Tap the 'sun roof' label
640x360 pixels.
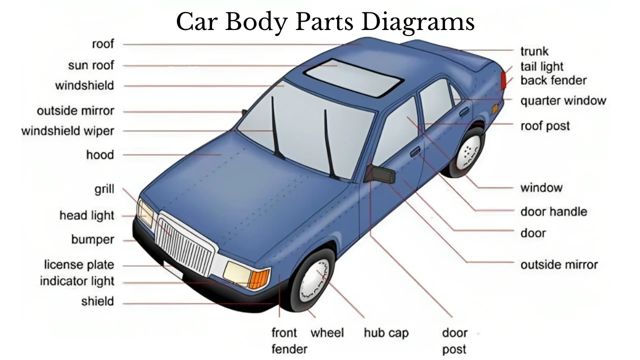tap(91, 65)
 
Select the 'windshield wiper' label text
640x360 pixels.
tap(67, 131)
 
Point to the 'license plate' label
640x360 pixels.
tap(79, 265)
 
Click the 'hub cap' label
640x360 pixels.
tap(386, 333)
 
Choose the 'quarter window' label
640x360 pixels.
tap(563, 100)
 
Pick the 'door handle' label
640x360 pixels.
tap(553, 211)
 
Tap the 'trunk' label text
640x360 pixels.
tap(534, 51)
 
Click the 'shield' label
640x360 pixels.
tap(97, 301)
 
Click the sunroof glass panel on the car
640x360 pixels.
tap(353, 77)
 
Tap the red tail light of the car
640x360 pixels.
tap(503, 79)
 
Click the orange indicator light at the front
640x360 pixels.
tap(258, 278)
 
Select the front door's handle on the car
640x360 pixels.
tap(415, 151)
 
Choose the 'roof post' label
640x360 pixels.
tap(545, 125)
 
